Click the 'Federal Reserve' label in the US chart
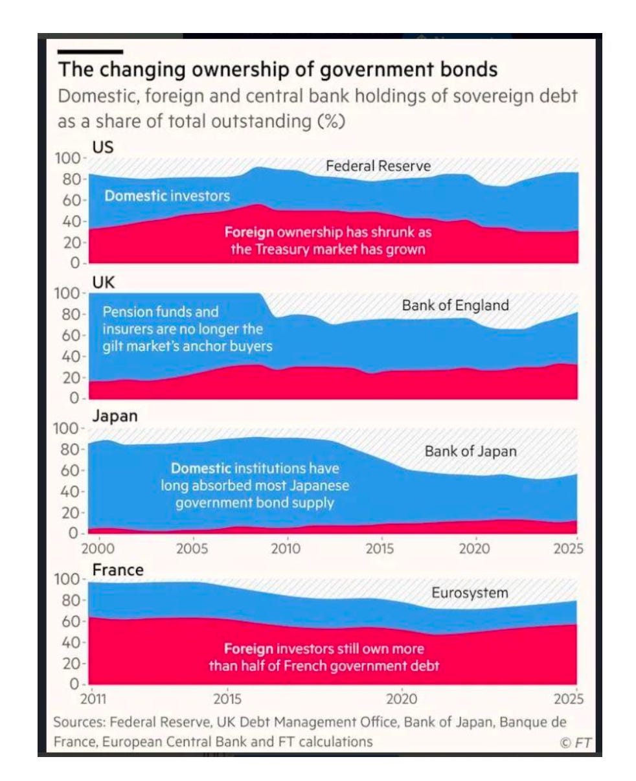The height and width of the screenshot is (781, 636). pos(378,166)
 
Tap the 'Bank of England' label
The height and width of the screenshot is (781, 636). pos(455,306)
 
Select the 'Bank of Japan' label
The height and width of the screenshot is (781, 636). pos(471,451)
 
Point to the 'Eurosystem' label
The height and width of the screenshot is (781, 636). pos(470,593)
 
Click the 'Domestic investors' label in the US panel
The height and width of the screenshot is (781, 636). pos(167,196)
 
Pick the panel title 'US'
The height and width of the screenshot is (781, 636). pos(103,148)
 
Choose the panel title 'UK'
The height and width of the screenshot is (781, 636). pos(104,282)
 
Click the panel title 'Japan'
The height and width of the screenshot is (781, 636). pos(115,416)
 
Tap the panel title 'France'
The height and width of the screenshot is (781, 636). pos(118,570)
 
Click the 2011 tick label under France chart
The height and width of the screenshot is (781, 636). pos(93,699)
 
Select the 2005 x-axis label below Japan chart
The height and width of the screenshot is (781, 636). pos(192,549)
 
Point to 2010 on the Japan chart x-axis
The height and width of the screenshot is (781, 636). pos(286,549)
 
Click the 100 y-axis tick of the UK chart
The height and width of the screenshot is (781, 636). pos(67,294)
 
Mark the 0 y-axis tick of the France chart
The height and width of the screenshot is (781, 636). pos(74,684)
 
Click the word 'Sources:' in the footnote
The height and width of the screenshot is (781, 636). pos(80,722)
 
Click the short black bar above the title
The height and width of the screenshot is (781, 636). pos(90,52)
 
